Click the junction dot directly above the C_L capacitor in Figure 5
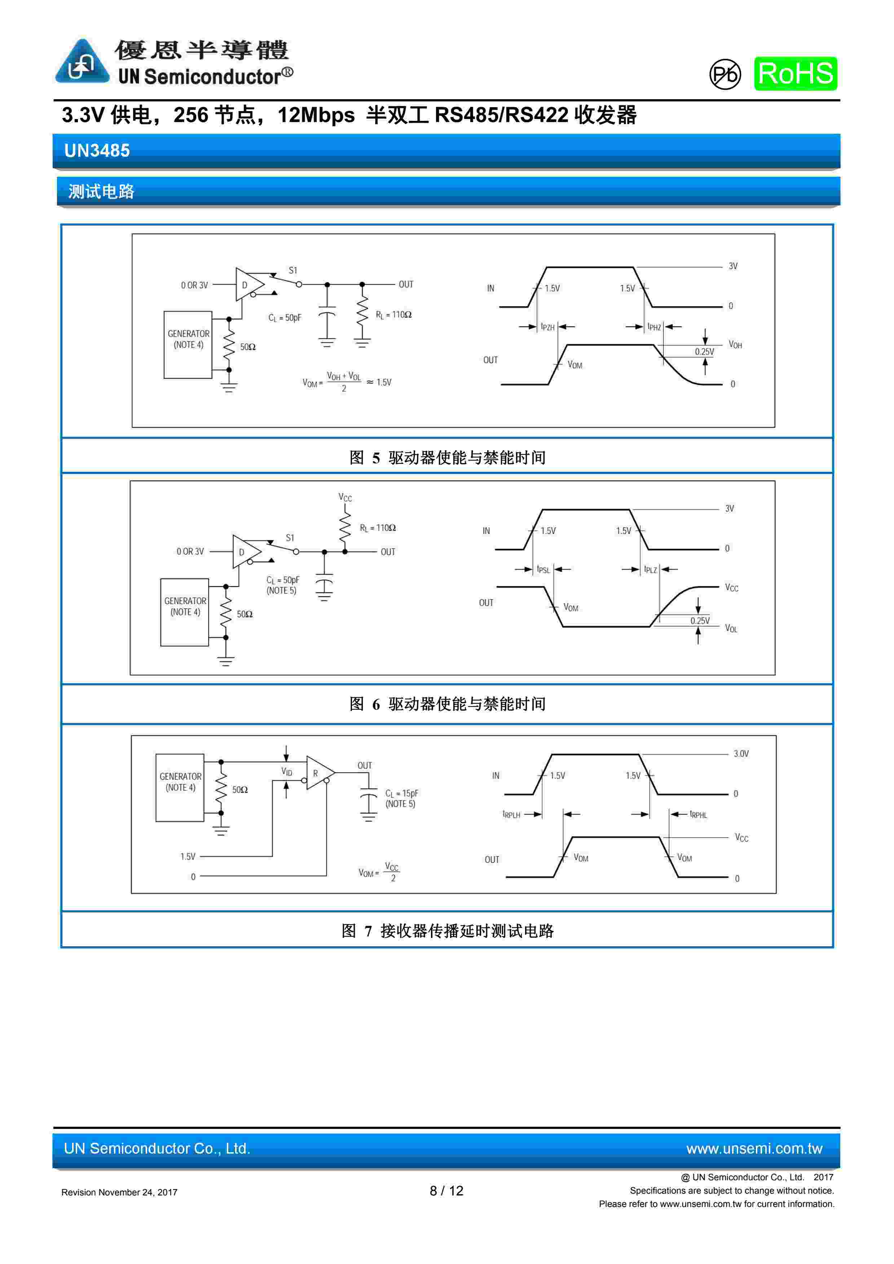coord(327,285)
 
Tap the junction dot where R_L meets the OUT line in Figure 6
coord(345,551)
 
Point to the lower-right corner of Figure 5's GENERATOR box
coord(212,378)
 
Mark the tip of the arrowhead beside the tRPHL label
coord(670,814)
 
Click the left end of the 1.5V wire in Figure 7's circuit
coord(200,857)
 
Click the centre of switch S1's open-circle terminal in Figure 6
coord(296,551)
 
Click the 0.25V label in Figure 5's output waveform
coord(704,352)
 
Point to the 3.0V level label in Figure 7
coord(741,754)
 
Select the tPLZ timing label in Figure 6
coord(651,570)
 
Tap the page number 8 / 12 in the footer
coord(446,1191)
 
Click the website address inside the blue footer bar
coord(754,1149)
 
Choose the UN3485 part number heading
coord(97,150)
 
